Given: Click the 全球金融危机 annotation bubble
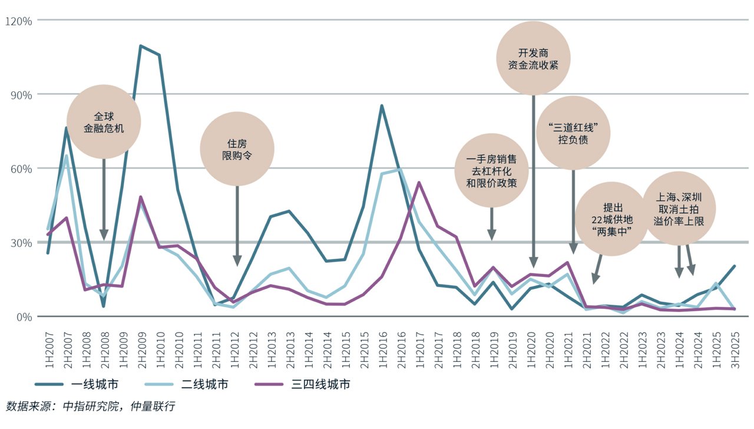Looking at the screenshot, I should [104, 121].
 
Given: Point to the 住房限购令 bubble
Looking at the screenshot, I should [237, 149].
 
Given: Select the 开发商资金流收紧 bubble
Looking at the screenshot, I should [533, 58].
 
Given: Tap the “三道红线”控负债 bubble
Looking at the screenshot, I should [573, 133].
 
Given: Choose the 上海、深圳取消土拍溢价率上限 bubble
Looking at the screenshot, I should [679, 208].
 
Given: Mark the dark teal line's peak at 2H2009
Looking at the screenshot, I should [141, 45].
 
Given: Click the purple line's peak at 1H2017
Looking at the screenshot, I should [419, 182].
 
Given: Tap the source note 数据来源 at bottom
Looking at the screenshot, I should [91, 407].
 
